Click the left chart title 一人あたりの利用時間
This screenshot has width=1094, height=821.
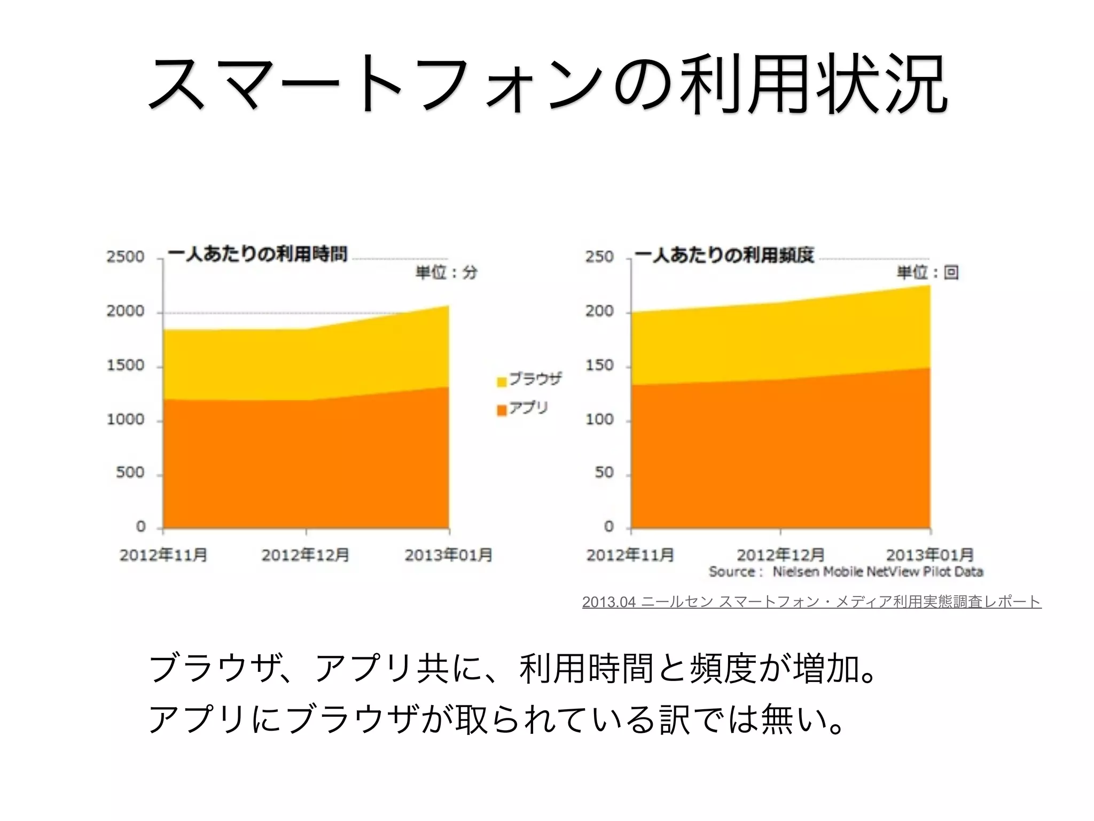(257, 254)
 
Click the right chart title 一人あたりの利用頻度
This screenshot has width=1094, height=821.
(724, 255)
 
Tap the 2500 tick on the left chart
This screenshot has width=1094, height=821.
(125, 257)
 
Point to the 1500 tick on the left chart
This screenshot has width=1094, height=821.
(125, 366)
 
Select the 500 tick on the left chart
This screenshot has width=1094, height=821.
(130, 473)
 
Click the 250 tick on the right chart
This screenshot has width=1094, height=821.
(599, 257)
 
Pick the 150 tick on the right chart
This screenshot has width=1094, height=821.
(599, 366)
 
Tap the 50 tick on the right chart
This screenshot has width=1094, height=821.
(604, 473)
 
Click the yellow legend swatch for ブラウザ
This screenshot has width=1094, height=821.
(502, 382)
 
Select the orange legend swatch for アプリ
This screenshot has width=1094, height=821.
(502, 410)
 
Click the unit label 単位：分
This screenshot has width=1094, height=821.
(446, 273)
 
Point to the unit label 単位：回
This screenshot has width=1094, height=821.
(927, 273)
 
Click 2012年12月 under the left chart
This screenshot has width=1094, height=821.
(305, 555)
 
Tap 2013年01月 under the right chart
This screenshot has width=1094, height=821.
(929, 555)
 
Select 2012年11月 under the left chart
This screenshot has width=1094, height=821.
(163, 555)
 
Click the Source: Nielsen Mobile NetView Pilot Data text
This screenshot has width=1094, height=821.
(846, 572)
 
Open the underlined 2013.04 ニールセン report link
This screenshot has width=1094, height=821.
(811, 602)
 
